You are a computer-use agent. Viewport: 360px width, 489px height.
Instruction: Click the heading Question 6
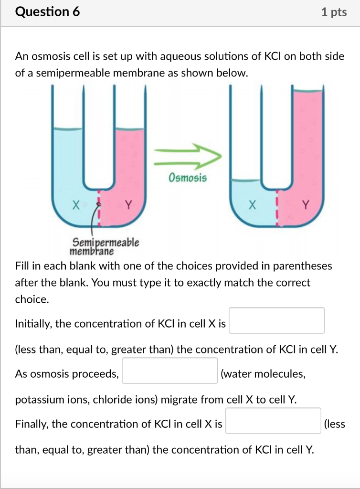[48, 12]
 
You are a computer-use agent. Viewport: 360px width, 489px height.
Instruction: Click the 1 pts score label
[334, 12]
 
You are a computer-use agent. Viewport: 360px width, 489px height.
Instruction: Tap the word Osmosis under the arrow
[188, 178]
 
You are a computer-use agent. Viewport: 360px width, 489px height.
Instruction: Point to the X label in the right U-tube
[252, 206]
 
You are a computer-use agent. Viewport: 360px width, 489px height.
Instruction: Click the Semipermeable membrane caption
[105, 246]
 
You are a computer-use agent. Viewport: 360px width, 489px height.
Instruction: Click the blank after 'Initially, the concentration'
[276, 320]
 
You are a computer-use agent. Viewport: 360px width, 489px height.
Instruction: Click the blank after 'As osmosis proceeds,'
[170, 371]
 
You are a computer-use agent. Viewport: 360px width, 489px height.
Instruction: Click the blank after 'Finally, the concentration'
[273, 421]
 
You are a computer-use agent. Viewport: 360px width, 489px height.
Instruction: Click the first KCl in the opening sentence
[274, 57]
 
